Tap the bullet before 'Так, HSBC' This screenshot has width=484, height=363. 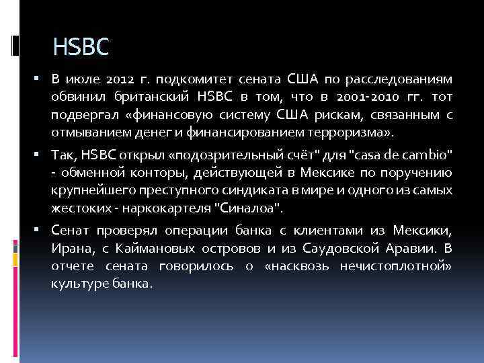coord(40,155)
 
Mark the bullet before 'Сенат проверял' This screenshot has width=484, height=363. coord(40,231)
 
